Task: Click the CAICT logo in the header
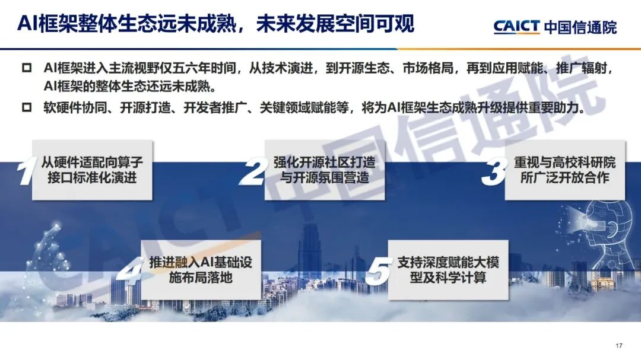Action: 517,27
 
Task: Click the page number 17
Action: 619,346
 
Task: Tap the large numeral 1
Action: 26,171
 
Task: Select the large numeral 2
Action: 254,171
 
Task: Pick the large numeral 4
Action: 130,272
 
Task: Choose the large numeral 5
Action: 378,272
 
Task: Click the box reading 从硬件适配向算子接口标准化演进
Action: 93,170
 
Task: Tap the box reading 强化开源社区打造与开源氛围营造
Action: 325,170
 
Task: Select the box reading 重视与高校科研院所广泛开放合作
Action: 565,170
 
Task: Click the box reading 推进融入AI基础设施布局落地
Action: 201,270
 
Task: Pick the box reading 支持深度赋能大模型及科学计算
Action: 449,270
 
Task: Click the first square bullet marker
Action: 27,68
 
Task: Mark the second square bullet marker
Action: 27,107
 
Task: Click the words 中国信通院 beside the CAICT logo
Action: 580,27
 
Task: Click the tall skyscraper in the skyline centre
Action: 309,249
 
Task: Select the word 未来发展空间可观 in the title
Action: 335,23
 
